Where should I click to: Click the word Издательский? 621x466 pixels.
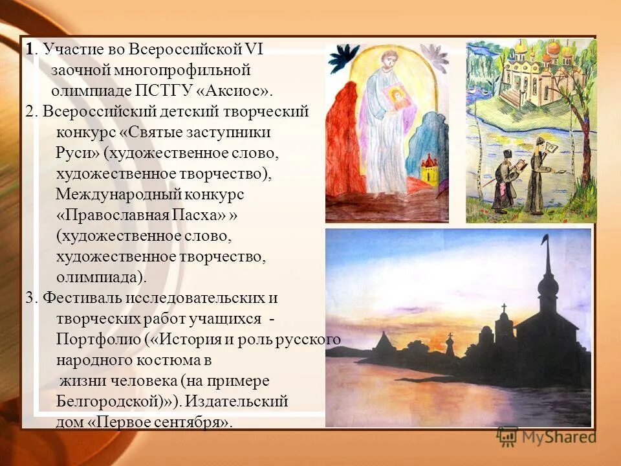tap(235, 401)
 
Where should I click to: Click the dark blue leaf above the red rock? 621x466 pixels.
tap(342, 58)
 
